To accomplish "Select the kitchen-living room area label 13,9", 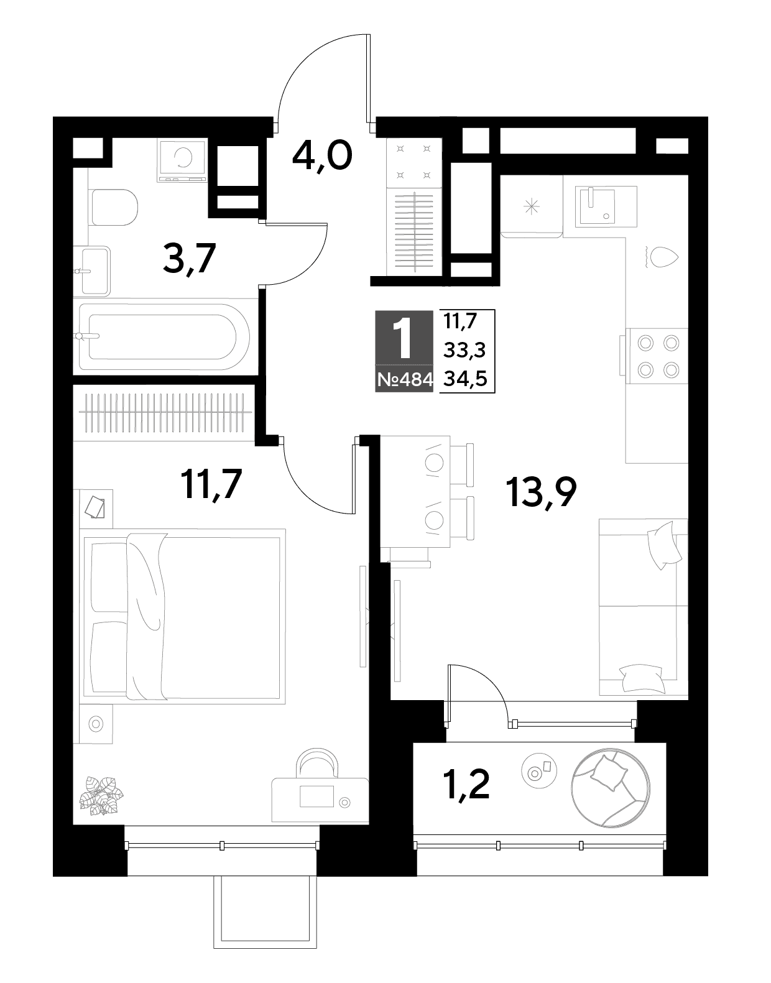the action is click(541, 492).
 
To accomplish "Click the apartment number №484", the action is click(404, 379).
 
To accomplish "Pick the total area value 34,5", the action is click(465, 378).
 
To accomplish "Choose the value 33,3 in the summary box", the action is click(465, 349).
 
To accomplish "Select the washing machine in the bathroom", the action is click(182, 160).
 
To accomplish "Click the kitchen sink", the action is click(606, 206).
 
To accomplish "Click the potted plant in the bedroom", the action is click(101, 796).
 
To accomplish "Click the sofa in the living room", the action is click(643, 607).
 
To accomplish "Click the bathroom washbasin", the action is click(94, 271).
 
